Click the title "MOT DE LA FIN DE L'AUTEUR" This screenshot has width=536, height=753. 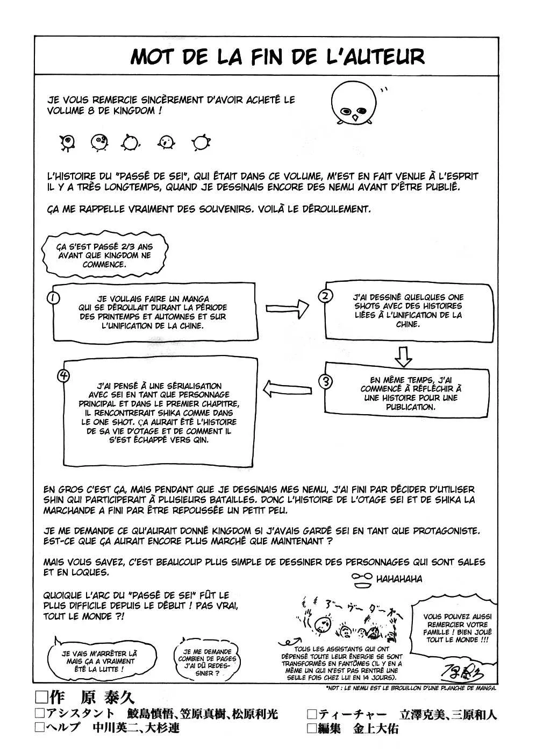[277, 56]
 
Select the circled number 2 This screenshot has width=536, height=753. [326, 295]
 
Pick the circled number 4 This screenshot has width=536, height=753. [64, 375]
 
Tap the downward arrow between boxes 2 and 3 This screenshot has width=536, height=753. [403, 356]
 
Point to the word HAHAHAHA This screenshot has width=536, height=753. [399, 579]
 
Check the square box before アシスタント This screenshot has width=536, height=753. [39, 714]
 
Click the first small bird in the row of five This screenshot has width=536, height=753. [67, 142]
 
